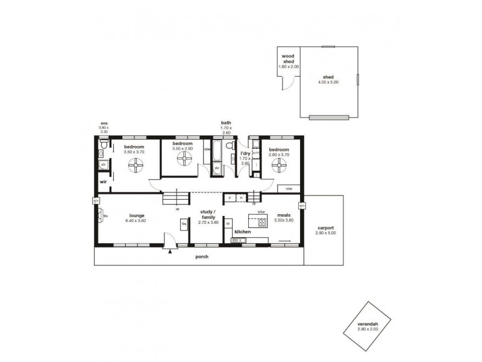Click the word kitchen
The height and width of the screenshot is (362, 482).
click(x=242, y=232)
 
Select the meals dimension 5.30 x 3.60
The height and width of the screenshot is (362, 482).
click(x=284, y=220)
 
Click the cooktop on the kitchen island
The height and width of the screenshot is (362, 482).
click(x=261, y=222)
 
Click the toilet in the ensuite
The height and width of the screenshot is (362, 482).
click(x=104, y=146)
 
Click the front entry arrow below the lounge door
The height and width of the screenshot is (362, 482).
click(x=171, y=251)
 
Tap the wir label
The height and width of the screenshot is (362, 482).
click(x=103, y=181)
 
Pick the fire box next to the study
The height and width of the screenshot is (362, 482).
click(x=184, y=224)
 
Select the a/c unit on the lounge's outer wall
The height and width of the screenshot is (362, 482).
click(x=95, y=202)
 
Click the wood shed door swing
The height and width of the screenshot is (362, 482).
click(x=288, y=84)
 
